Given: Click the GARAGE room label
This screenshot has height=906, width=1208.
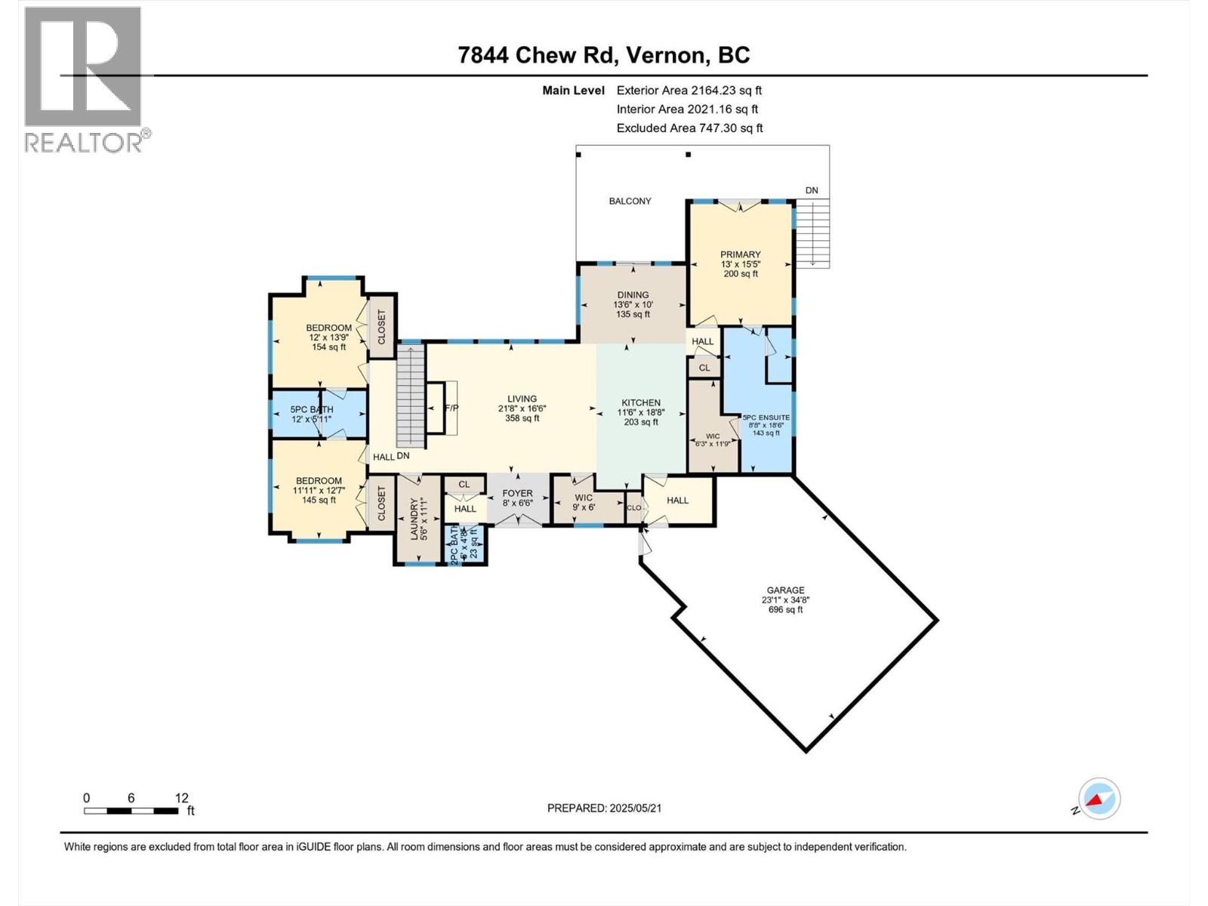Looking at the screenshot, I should coord(785,590).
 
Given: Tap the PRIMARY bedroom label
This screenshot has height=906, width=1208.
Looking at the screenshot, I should coord(740,255).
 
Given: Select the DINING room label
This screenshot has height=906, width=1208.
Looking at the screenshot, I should coord(633,295).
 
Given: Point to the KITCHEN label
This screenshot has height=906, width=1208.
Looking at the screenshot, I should coord(641,403).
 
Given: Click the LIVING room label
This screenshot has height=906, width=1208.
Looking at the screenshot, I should coord(522,399).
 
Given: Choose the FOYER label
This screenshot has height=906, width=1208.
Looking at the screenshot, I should coord(518,494).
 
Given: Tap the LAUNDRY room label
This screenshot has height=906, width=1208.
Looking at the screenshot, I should coord(414,519).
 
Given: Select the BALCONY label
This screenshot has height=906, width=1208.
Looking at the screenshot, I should coord(630,201).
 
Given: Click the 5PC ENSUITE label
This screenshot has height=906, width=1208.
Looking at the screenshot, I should coord(766,418).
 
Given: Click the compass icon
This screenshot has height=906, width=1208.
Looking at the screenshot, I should coord(1099,799).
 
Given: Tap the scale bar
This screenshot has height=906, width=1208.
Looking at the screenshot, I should coord(132,811).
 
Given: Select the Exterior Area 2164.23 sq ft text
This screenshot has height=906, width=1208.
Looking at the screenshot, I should coord(689,90).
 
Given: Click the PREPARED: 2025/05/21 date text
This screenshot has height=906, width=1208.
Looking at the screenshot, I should coord(604,808).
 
